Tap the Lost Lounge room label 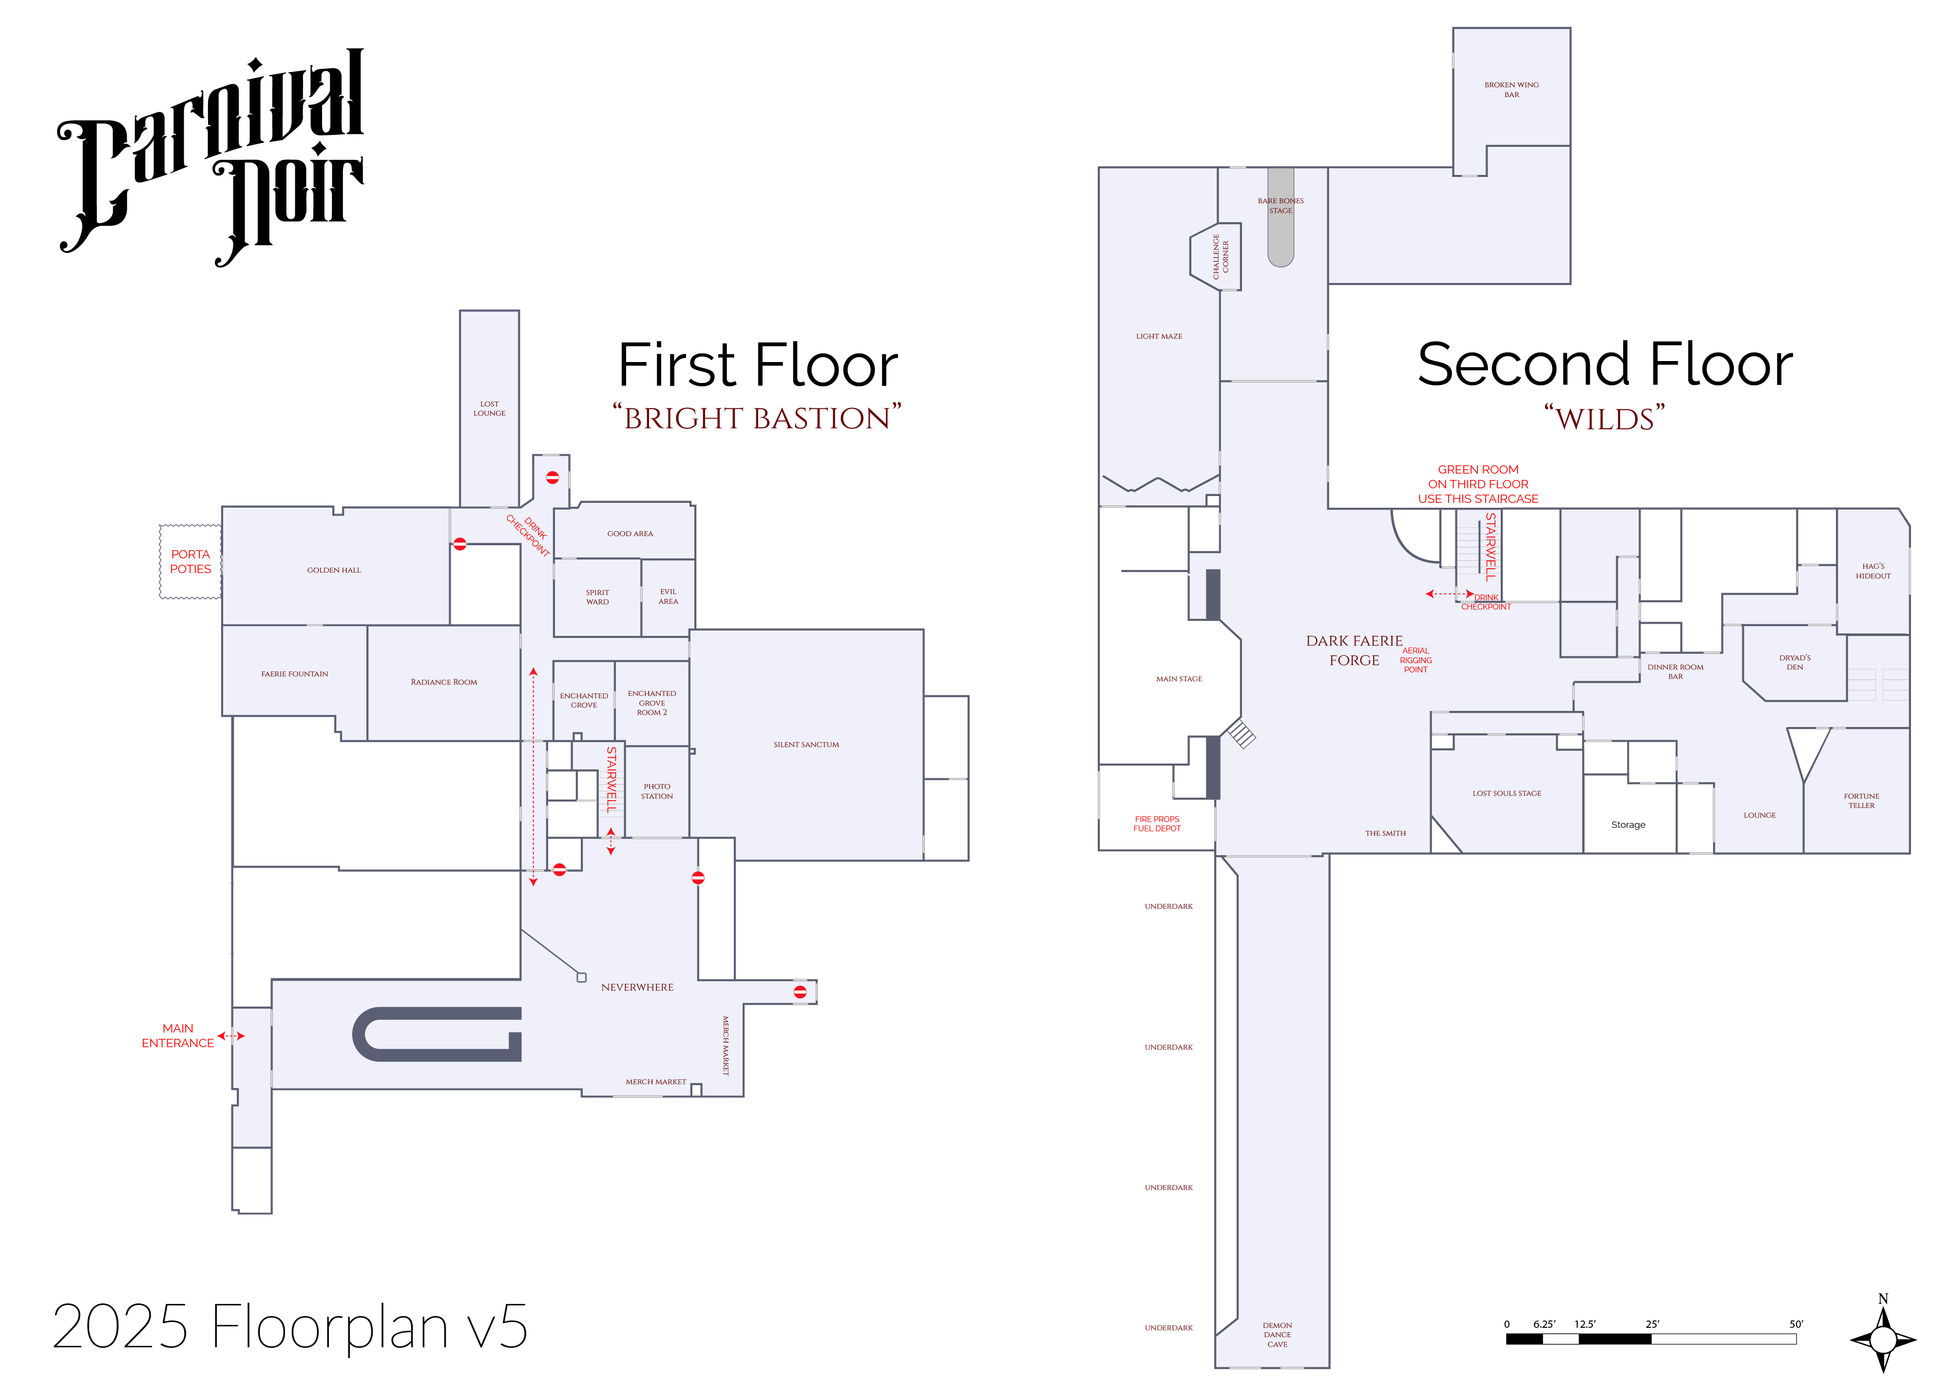489,409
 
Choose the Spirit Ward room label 597,597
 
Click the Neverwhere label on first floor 637,987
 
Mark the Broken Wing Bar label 1511,89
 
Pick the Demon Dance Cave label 1277,1334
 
